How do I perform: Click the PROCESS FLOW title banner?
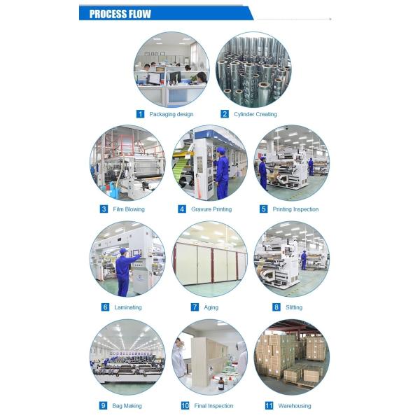[120, 13]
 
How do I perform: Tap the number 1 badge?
[140, 114]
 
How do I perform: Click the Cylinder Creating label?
[255, 114]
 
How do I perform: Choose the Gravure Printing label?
[211, 209]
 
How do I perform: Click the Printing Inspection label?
[295, 209]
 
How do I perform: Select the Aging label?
[211, 307]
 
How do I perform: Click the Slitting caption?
[293, 307]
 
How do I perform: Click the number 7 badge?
[195, 307]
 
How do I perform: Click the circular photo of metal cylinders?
[253, 69]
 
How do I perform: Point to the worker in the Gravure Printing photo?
[222, 175]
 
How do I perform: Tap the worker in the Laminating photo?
[125, 269]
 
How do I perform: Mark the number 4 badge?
[182, 209]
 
